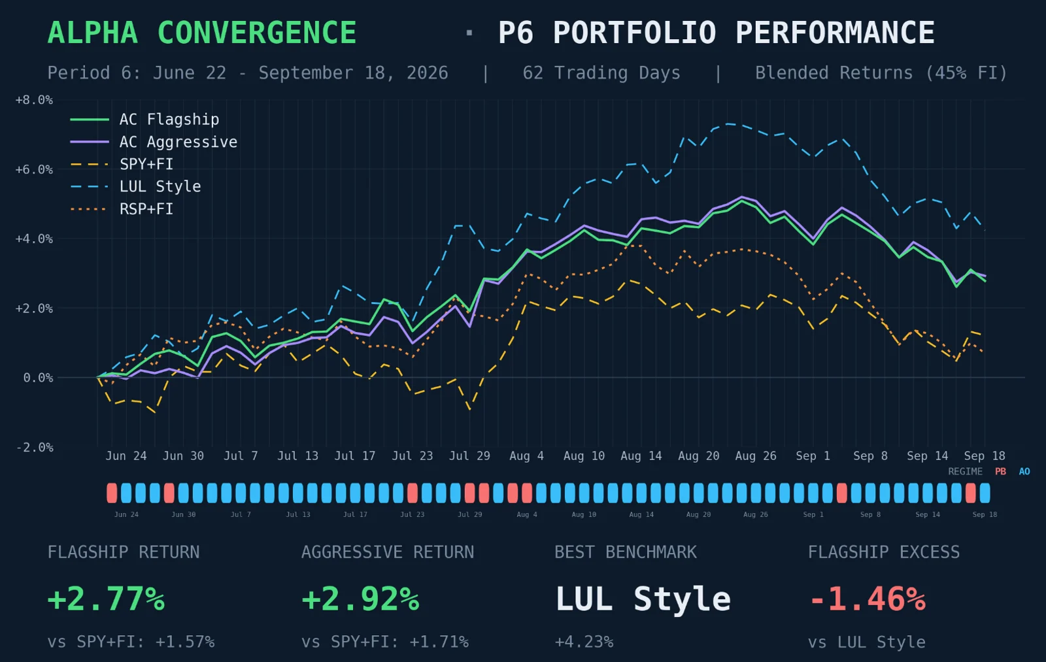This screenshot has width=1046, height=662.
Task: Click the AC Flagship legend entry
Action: pos(144,120)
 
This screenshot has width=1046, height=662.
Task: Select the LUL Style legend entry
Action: pos(135,187)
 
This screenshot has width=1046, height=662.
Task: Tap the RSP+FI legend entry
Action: pos(122,209)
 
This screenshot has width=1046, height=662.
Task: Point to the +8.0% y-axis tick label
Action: pos(34,100)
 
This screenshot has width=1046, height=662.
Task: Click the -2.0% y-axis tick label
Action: pos(34,448)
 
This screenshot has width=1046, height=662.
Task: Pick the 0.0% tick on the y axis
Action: pos(38,378)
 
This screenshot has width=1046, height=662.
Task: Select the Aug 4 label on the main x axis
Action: pos(526,456)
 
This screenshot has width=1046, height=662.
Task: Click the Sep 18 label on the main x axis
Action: pos(985,456)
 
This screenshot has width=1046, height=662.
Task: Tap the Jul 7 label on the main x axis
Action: pos(241,456)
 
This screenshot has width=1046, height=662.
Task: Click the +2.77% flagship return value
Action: pos(106,599)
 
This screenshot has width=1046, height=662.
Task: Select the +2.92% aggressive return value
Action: pos(360,599)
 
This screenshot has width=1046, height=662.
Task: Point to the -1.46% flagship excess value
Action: pos(867,599)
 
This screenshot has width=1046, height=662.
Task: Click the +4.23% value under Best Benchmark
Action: pos(584,642)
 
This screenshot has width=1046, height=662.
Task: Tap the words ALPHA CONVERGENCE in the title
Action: pos(202,33)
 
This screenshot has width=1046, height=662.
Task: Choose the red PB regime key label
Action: pos(1000,472)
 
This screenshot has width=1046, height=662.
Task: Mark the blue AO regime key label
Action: pos(1024,472)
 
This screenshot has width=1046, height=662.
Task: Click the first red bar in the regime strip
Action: pos(112,493)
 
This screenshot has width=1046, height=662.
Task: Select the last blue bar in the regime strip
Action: pos(985,493)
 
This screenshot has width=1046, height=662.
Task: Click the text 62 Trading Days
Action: pos(601,73)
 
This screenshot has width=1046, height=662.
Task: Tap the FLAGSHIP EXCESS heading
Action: pos(883,552)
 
